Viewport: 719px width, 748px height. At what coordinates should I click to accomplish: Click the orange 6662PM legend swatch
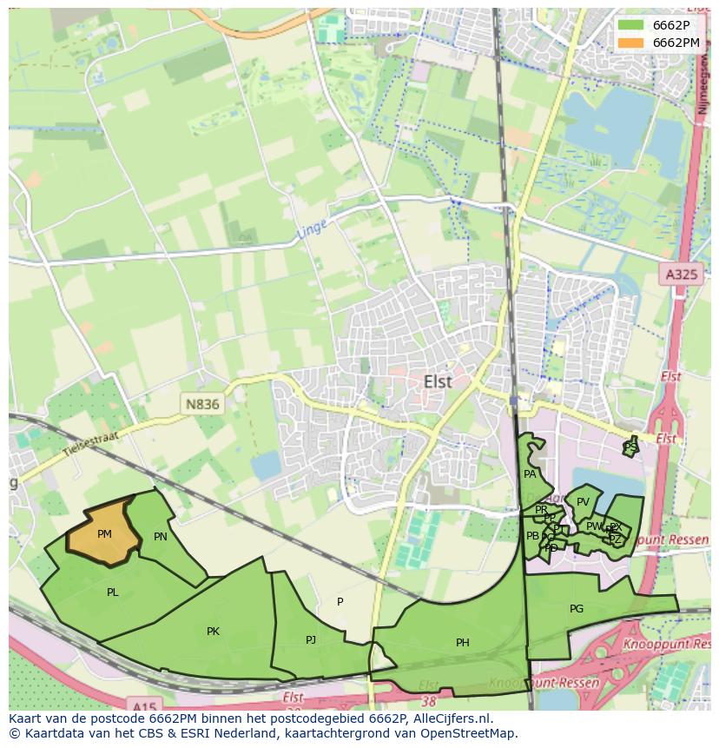point(631,43)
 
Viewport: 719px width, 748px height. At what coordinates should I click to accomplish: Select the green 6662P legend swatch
point(631,24)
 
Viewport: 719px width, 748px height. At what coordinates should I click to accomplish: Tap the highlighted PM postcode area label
point(104,534)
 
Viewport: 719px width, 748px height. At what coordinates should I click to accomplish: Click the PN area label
point(161,537)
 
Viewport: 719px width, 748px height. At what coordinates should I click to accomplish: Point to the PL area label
point(113,592)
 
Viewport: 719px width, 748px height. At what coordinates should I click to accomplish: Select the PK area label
point(213,632)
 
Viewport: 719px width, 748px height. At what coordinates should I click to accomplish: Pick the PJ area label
point(311,640)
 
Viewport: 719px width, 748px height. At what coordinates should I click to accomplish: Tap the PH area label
point(463,643)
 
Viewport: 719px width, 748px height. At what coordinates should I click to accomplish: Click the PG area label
point(577,609)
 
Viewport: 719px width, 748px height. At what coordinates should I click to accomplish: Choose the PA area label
point(530,474)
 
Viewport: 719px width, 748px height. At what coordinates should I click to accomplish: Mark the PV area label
point(583,502)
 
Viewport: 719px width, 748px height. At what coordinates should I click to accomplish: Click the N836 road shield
point(202,404)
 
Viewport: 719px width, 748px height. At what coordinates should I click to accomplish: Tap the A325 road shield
point(682,275)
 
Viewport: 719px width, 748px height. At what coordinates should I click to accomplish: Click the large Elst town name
point(439,381)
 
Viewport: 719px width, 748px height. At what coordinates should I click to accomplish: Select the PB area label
point(532,536)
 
